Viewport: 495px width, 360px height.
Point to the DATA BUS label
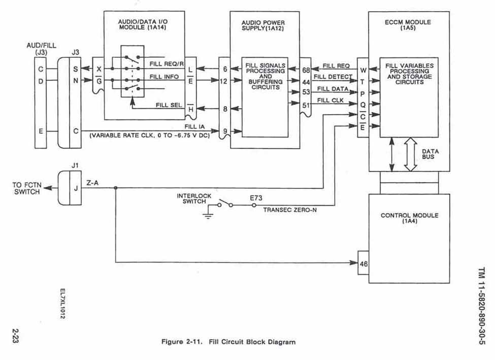coord(430,154)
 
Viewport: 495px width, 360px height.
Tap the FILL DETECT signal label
coord(333,77)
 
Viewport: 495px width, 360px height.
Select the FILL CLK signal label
coord(331,100)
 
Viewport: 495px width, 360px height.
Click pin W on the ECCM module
coord(363,70)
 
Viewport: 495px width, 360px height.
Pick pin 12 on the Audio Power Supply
coord(224,81)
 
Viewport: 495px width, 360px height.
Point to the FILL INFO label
coord(163,77)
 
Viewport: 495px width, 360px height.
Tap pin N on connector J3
coord(75,81)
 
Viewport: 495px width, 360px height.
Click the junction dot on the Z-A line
coord(116,188)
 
